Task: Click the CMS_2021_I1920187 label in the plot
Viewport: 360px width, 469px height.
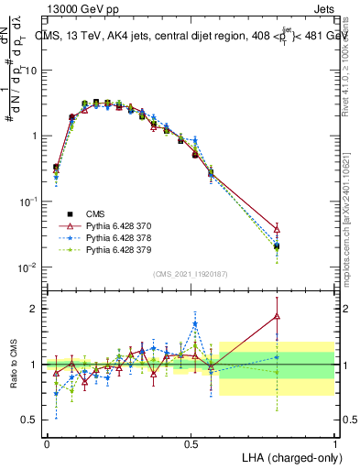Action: [x=190, y=273]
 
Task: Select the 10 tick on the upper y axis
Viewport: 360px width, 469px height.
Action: [x=34, y=71]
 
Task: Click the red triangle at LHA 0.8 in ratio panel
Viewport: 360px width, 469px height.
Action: [x=278, y=316]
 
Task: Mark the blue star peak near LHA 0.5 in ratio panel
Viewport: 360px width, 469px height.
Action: [x=195, y=323]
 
